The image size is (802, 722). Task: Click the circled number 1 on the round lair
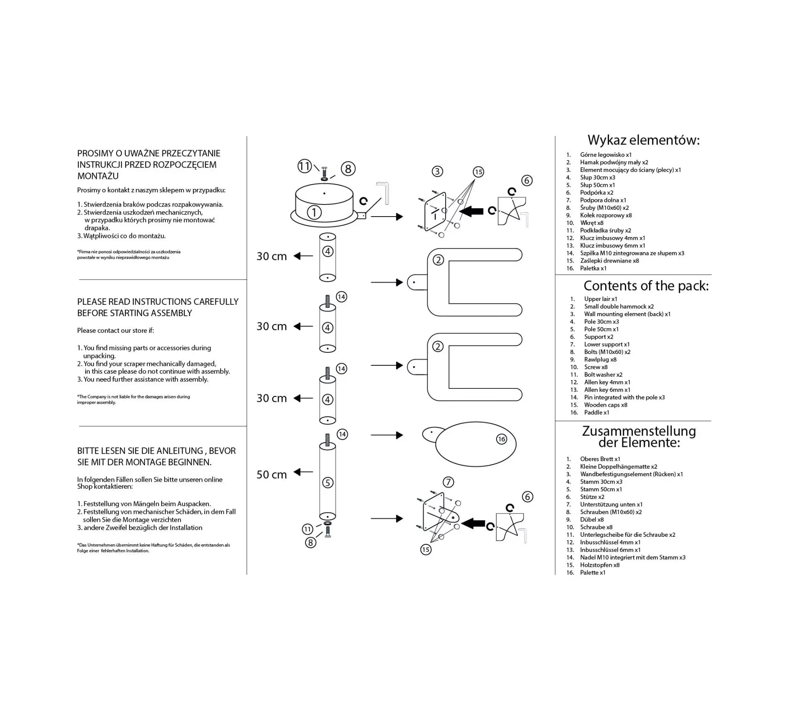314,212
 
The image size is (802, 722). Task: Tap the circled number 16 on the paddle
501,439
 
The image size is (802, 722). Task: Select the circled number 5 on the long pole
327,482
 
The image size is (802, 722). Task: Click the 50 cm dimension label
272,475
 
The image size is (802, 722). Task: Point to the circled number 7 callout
448,482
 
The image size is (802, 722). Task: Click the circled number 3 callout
437,171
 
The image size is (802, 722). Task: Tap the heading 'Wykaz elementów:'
643,140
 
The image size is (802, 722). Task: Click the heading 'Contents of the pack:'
646,286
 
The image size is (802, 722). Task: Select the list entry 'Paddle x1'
596,412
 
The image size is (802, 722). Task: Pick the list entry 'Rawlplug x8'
600,360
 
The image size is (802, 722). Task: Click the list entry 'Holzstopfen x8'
599,565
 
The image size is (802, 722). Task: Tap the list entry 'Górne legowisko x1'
606,155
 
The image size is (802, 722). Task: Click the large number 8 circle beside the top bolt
348,168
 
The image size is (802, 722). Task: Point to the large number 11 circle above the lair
305,166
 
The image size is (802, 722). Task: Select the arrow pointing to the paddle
387,435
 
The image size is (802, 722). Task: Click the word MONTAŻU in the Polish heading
98,176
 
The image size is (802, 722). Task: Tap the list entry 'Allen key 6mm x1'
607,390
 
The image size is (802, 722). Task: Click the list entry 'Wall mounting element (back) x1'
627,314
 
